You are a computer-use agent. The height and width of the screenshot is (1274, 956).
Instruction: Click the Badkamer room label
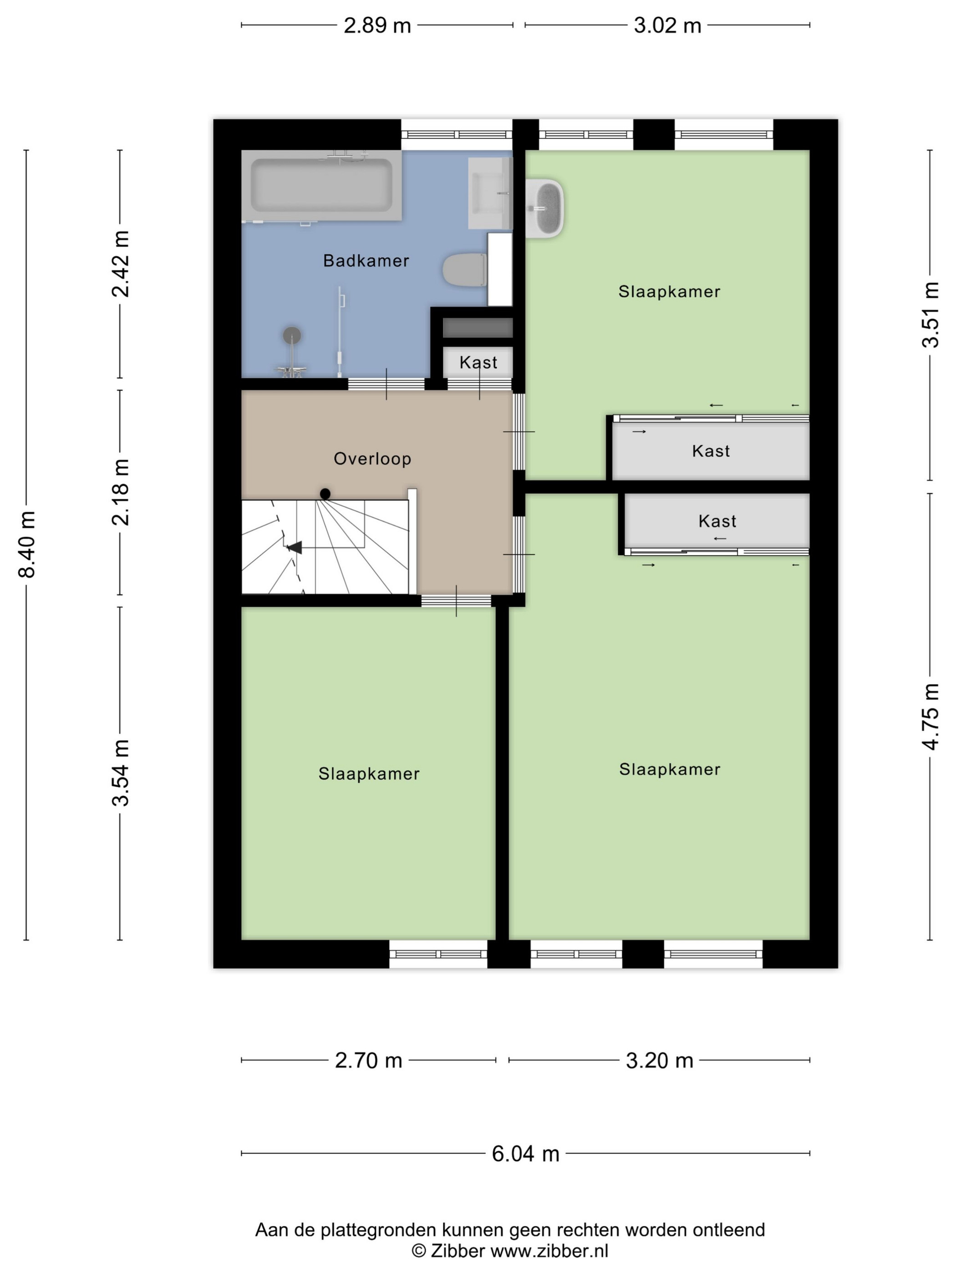tap(366, 261)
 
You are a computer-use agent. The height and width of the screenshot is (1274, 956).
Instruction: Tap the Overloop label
tap(372, 459)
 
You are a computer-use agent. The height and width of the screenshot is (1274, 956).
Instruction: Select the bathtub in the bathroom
tap(321, 186)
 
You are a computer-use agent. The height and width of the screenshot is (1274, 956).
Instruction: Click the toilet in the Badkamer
tap(464, 269)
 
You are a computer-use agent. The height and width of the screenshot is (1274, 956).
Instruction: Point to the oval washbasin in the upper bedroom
tap(544, 208)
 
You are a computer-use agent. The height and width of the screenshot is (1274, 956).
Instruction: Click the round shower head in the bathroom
tap(292, 334)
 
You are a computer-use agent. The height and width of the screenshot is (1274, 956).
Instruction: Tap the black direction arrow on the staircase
tap(295, 547)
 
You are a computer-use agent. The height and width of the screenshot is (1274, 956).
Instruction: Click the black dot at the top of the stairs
tap(325, 494)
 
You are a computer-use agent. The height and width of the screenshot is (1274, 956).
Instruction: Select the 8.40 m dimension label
tap(27, 544)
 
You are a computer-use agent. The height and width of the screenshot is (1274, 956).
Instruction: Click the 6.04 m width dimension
tap(525, 1153)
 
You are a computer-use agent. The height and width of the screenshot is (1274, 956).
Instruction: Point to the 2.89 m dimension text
tap(377, 25)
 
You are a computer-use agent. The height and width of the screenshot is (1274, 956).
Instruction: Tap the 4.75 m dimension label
tap(931, 717)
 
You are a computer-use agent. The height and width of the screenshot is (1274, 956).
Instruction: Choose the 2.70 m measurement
tap(368, 1060)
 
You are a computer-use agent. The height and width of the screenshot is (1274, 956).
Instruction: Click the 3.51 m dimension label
tap(931, 314)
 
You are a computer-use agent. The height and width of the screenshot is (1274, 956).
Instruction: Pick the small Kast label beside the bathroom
tap(478, 362)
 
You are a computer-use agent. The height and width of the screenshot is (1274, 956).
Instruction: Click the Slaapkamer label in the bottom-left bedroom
tap(369, 773)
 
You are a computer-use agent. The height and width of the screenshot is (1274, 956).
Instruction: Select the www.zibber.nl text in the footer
tap(549, 1250)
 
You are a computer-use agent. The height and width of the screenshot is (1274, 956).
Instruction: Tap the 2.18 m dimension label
tap(121, 492)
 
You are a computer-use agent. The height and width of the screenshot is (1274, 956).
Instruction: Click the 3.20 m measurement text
tap(659, 1060)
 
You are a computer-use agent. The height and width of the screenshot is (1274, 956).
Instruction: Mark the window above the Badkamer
tap(457, 135)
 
